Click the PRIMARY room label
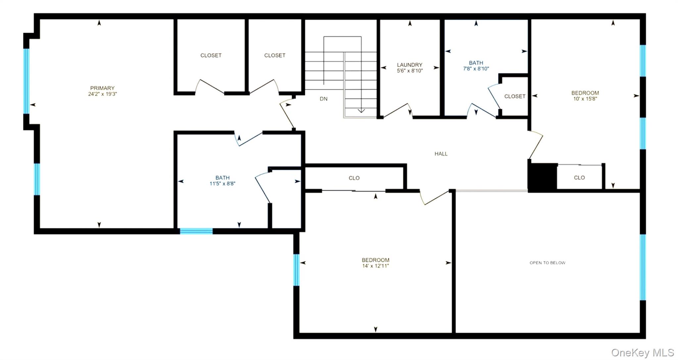click(102, 88)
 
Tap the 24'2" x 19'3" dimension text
click(102, 94)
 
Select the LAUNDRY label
click(410, 65)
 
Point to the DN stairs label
click(323, 99)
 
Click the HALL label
click(441, 154)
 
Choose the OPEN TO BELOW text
click(547, 263)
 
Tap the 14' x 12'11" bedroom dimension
click(375, 266)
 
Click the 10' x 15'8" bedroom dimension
click(585, 99)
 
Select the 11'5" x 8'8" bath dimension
click(222, 184)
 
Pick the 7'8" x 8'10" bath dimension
click(476, 69)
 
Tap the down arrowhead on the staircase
click(361, 111)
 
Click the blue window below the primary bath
click(196, 231)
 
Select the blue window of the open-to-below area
click(643, 267)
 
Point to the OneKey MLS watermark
click(642, 352)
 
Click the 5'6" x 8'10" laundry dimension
click(410, 71)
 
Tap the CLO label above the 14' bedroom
click(354, 178)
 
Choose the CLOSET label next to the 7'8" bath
click(515, 96)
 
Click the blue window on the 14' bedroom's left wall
click(296, 270)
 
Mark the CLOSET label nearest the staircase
click(274, 55)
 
